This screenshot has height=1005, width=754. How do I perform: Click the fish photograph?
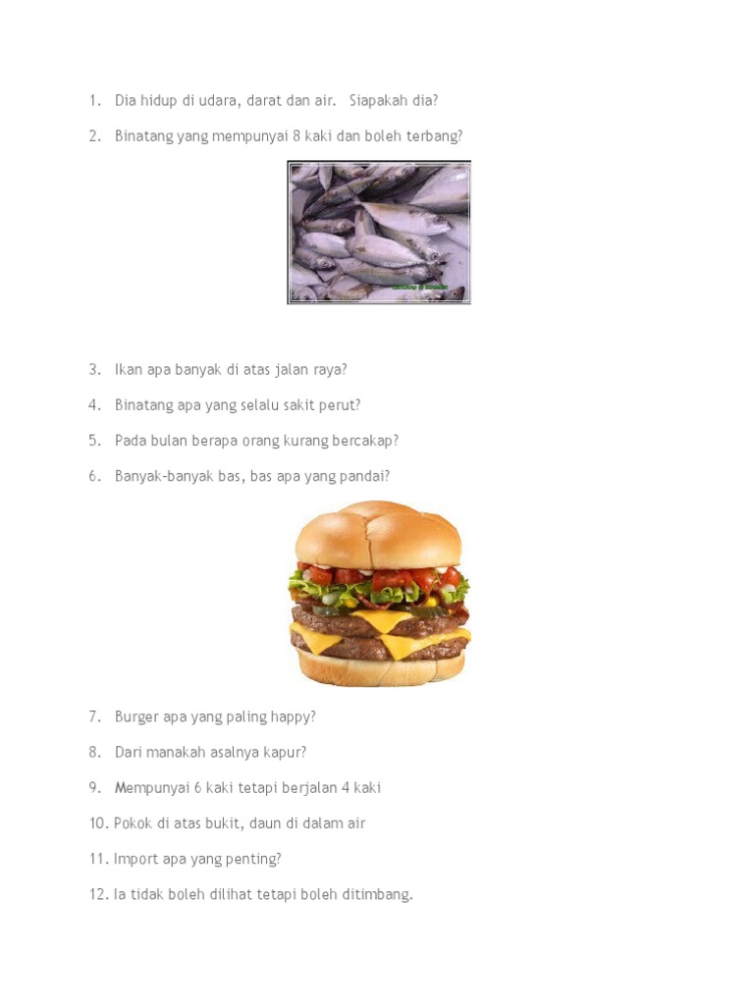tap(379, 232)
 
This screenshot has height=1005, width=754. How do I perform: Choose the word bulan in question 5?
tap(169, 441)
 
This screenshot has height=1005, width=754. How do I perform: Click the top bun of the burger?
tap(378, 535)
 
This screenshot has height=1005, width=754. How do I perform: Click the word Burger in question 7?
tap(136, 717)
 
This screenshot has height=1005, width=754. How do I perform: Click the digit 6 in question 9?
tap(197, 788)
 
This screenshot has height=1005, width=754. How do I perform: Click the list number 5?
tap(93, 441)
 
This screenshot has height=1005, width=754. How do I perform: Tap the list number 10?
tap(97, 823)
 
